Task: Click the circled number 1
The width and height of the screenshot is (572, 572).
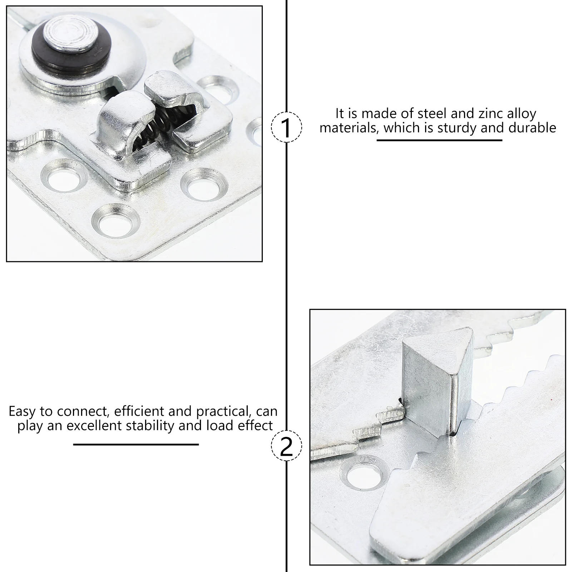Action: (286, 128)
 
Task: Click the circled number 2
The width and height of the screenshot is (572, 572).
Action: (286, 446)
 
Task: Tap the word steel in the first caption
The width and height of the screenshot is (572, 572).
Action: (431, 114)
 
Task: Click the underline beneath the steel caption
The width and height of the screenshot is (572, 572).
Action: (439, 140)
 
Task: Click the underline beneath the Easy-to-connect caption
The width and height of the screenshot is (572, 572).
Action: (136, 444)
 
